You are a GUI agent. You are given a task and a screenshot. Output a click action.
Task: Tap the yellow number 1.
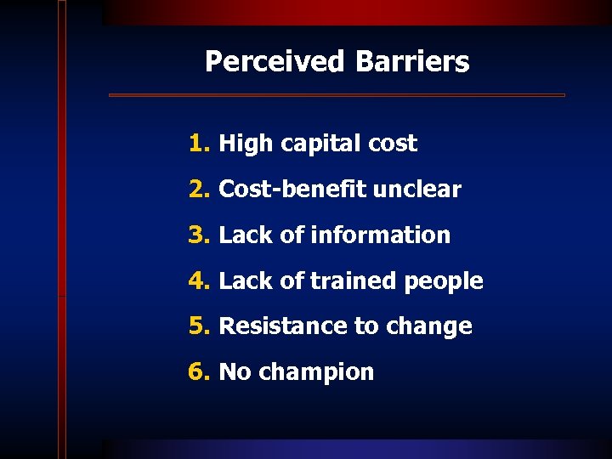tap(198, 144)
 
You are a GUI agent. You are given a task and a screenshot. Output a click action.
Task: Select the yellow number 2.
tap(198, 190)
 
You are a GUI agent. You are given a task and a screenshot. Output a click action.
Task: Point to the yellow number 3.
tap(198, 235)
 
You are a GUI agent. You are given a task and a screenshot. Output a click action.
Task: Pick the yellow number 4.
tap(198, 281)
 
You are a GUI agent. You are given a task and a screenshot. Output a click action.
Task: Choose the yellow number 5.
tap(198, 326)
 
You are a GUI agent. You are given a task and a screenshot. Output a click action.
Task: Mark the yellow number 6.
tap(198, 372)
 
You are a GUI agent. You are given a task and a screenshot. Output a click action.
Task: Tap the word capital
tap(310, 144)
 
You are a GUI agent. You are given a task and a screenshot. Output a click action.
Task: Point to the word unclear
tap(414, 190)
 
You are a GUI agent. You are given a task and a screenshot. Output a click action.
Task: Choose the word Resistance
tap(280, 326)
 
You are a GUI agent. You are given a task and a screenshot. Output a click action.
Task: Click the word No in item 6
tap(235, 372)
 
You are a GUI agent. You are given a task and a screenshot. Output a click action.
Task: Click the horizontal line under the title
tap(337, 95)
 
